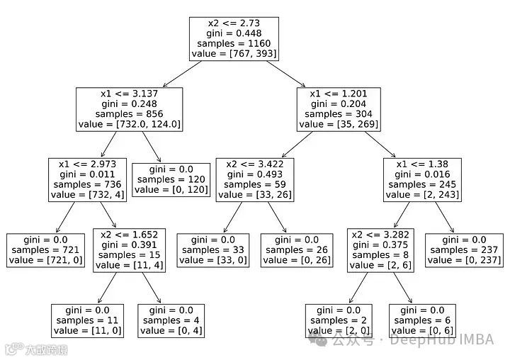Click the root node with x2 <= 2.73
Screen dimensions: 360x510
click(x=234, y=38)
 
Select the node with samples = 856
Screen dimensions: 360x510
click(x=130, y=108)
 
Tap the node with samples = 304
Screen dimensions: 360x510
click(x=339, y=108)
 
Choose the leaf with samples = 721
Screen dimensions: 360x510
click(x=47, y=249)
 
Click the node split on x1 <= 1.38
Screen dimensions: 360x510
click(x=424, y=179)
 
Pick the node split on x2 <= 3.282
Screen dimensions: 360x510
click(x=381, y=249)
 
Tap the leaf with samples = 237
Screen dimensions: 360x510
click(x=465, y=249)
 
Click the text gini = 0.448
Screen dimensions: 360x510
click(x=234, y=33)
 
